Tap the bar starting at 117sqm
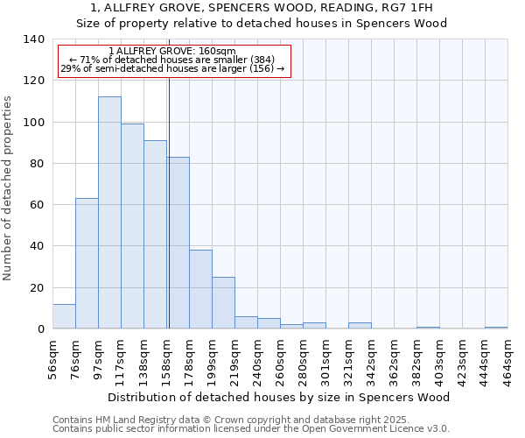click(x=132, y=226)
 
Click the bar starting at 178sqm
click(x=200, y=289)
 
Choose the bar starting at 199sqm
click(x=223, y=303)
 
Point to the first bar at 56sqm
click(x=64, y=316)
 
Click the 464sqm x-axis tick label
click(x=508, y=359)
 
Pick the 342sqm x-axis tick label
click(x=372, y=359)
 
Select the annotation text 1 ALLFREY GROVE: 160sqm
click(x=172, y=52)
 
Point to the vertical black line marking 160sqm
click(x=169, y=201)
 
